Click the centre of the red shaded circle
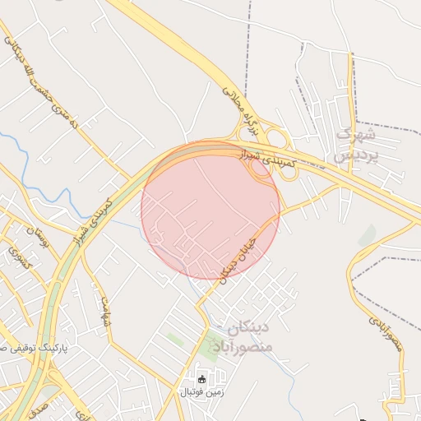coord(210,210)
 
